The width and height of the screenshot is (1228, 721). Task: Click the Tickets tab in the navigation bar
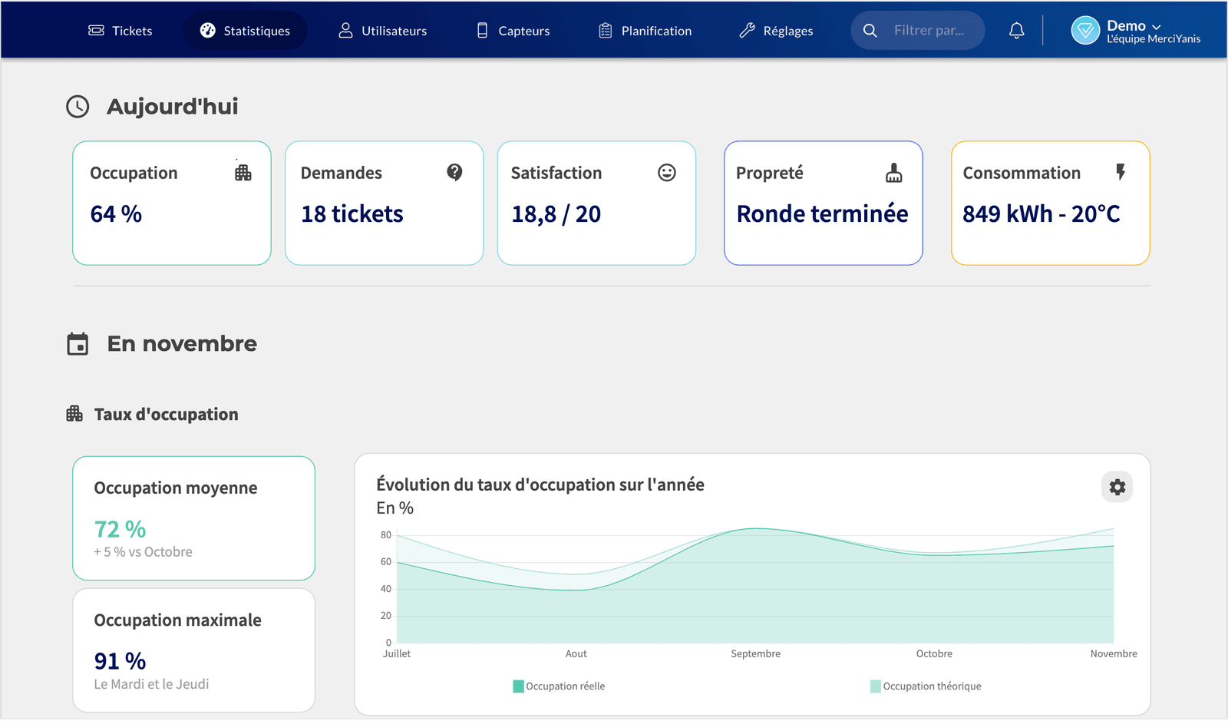point(120,31)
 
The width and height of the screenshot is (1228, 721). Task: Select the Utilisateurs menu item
point(383,31)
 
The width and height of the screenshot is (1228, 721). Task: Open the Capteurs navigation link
point(513,31)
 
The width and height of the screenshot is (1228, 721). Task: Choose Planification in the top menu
point(645,31)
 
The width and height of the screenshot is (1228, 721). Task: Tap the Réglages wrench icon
point(747,31)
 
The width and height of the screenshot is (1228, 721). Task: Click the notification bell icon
point(1016,30)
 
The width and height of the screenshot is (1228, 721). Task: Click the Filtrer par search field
point(918,30)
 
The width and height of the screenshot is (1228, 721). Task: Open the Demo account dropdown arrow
point(1156,27)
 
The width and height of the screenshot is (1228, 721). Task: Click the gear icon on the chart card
point(1117,487)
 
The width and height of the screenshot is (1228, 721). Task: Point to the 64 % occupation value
point(116,213)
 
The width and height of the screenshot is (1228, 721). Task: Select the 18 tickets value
point(352,213)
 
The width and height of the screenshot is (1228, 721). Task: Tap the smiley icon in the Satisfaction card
point(667,173)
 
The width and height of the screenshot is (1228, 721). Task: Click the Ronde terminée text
point(822,213)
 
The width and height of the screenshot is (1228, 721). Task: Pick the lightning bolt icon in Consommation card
point(1121,172)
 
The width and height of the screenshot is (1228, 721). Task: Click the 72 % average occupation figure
point(120,530)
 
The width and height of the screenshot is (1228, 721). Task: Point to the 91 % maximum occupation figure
point(120,661)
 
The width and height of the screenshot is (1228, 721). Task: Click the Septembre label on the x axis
point(755,653)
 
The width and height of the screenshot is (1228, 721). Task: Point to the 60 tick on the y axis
point(386,561)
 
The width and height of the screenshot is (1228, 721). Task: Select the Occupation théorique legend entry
point(926,686)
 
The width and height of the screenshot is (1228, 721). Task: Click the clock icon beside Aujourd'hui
point(78,107)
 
